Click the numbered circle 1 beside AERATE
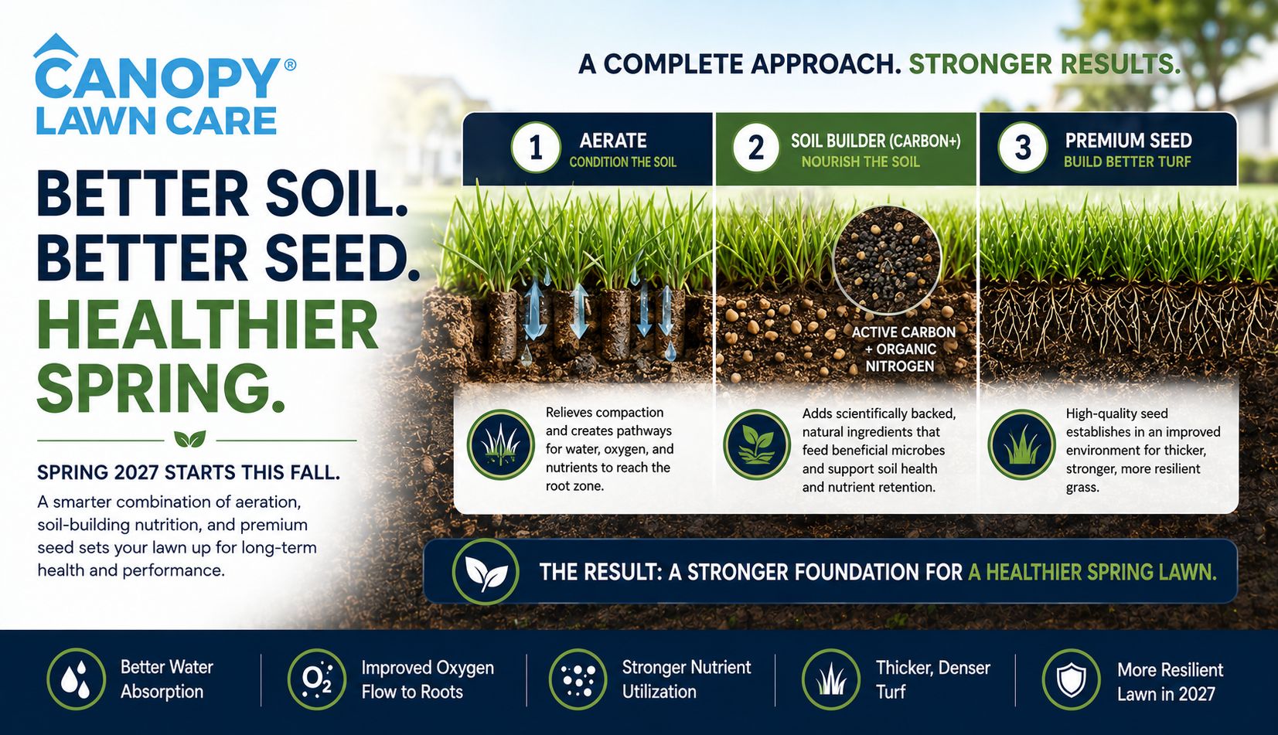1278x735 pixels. (536, 148)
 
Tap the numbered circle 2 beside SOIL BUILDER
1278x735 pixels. (756, 148)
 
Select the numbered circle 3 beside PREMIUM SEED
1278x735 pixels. (1022, 148)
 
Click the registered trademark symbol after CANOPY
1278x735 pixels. (289, 65)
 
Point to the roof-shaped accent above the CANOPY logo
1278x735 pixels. (56, 46)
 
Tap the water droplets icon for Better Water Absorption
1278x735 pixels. (76, 679)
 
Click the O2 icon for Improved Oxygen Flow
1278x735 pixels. (317, 679)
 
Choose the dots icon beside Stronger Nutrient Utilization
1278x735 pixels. (578, 679)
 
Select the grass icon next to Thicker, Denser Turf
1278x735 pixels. (830, 679)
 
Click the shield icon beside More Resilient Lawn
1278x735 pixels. (1071, 679)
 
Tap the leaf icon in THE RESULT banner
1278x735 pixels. (486, 571)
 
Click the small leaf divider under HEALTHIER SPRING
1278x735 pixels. (190, 439)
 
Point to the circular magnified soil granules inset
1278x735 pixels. (887, 260)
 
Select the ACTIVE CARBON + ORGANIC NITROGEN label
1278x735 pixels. (902, 349)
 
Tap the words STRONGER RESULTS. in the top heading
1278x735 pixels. (1044, 64)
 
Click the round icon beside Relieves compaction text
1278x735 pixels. (501, 444)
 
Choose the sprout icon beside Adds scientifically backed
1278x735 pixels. (757, 444)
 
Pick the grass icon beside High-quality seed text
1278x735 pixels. (1022, 444)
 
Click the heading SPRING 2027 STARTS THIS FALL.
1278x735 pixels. (189, 473)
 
